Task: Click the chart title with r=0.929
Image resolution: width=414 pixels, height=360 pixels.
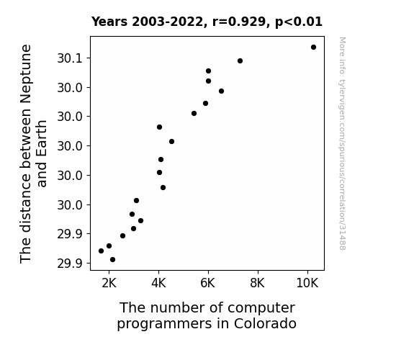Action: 207,22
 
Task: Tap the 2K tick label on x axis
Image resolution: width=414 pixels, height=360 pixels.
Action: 109,283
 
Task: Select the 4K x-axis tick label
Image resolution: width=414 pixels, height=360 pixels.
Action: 158,283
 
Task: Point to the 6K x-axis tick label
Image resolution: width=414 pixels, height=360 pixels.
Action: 208,283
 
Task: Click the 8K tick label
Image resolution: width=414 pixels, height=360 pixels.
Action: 258,283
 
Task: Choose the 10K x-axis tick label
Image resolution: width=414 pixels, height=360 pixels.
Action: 307,283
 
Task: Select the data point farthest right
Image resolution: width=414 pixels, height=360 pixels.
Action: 313,48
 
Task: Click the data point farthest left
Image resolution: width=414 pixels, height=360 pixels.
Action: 101,251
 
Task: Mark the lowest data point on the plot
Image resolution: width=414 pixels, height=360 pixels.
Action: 112,260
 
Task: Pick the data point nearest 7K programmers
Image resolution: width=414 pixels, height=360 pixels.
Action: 240,61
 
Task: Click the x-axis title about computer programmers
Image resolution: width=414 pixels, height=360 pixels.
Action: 207,315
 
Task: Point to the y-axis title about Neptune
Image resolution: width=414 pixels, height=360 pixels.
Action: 33,153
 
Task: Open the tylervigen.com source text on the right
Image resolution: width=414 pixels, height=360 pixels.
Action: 343,143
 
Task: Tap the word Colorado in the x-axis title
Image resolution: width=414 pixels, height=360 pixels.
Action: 265,323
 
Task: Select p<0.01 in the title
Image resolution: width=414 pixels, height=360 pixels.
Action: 299,22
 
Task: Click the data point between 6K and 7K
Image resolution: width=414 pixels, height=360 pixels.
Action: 221,91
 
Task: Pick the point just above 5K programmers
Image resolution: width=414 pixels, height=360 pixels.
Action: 194,114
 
